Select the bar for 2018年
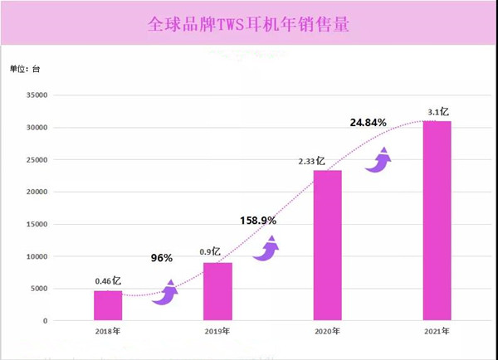(108, 305)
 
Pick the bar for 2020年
(327, 246)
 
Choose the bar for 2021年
(437, 221)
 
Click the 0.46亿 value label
(108, 281)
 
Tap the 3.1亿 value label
(438, 111)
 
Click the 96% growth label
(161, 258)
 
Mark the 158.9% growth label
(258, 221)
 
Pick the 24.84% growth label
(369, 123)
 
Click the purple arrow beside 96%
(165, 293)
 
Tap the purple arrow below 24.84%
(378, 159)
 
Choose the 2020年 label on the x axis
(327, 331)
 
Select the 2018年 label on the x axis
(108, 331)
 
